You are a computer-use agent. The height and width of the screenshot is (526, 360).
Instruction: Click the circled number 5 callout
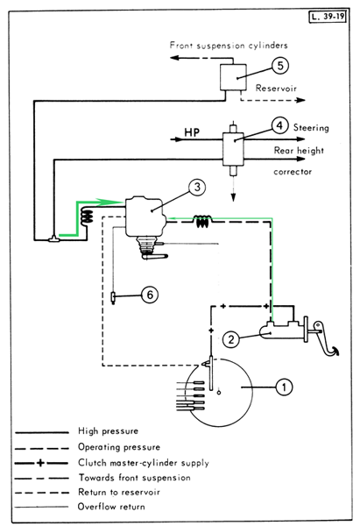point(280,65)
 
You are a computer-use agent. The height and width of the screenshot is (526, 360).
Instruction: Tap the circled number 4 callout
point(280,125)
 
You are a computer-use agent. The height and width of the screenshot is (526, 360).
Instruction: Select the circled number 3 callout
point(197,187)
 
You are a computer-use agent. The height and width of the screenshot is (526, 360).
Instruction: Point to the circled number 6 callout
point(150,295)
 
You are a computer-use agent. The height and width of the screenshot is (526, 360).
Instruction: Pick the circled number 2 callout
point(231,339)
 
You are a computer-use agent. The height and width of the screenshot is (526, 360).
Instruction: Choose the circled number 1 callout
point(284,387)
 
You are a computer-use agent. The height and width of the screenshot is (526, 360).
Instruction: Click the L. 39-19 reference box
point(328,17)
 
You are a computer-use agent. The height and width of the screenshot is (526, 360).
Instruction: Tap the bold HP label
point(192,132)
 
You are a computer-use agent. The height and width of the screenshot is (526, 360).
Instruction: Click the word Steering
point(311,128)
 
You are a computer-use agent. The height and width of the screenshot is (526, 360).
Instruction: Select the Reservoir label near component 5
point(276,89)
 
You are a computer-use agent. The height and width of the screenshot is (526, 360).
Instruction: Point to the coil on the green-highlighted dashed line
point(203,222)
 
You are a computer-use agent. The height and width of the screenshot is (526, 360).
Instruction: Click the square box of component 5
point(233,77)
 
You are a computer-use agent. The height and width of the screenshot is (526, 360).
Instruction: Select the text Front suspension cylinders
point(229,46)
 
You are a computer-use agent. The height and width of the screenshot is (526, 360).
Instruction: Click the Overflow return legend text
point(111,507)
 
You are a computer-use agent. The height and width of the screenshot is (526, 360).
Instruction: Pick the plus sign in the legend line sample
point(40,463)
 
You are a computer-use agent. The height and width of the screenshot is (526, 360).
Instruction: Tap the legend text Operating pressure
point(119,447)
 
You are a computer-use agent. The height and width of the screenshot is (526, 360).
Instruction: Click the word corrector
point(293,172)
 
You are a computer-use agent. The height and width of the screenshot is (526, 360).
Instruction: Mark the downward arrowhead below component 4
point(233,198)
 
